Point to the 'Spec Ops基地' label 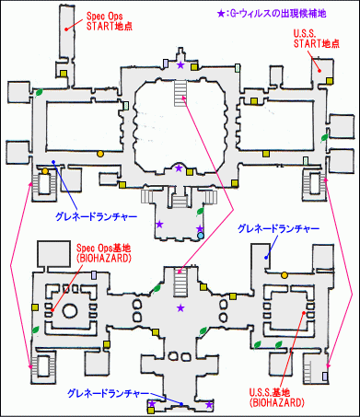pyautogui.click(x=104, y=250)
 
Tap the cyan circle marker pyautogui.click(x=201, y=236)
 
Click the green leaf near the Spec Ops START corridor pyautogui.click(x=42, y=90)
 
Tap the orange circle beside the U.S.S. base pyautogui.click(x=284, y=274)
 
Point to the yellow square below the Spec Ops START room pyautogui.click(x=63, y=74)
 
